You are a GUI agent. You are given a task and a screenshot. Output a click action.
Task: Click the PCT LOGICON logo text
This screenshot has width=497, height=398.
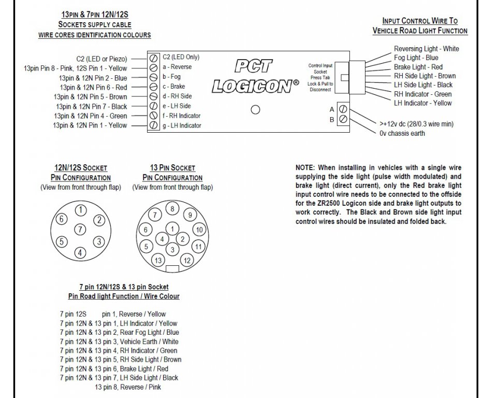[x=255, y=76]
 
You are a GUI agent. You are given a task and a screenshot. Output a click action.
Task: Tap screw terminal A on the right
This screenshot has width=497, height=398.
[x=343, y=109]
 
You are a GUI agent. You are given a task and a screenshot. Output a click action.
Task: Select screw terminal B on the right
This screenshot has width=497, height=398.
[x=343, y=120]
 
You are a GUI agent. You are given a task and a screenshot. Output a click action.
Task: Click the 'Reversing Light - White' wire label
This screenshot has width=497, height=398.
[x=426, y=49]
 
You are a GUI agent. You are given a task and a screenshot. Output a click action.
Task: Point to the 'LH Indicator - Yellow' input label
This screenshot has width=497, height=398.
[x=422, y=103]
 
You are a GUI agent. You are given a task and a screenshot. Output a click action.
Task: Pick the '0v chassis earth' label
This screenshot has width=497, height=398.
[x=402, y=133]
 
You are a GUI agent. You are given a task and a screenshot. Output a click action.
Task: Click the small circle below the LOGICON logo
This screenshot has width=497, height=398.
[x=255, y=110]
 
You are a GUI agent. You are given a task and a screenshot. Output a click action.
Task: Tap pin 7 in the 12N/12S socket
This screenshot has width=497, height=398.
[x=80, y=229]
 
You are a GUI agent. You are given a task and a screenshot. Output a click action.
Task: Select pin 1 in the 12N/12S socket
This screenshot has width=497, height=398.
[x=80, y=210]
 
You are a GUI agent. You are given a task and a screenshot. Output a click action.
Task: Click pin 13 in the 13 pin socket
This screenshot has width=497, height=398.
[x=158, y=260]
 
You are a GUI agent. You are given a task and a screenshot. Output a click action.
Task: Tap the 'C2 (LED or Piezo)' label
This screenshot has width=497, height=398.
[x=101, y=59]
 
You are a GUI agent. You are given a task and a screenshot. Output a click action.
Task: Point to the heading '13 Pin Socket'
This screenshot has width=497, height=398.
[x=172, y=168]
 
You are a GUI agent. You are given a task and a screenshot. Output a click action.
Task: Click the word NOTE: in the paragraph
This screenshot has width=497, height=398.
[x=305, y=168]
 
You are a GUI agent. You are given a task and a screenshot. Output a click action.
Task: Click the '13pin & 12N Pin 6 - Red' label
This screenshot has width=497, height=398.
[x=93, y=87]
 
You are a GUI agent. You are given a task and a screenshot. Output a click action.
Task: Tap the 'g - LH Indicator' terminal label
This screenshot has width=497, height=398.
[x=182, y=125]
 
